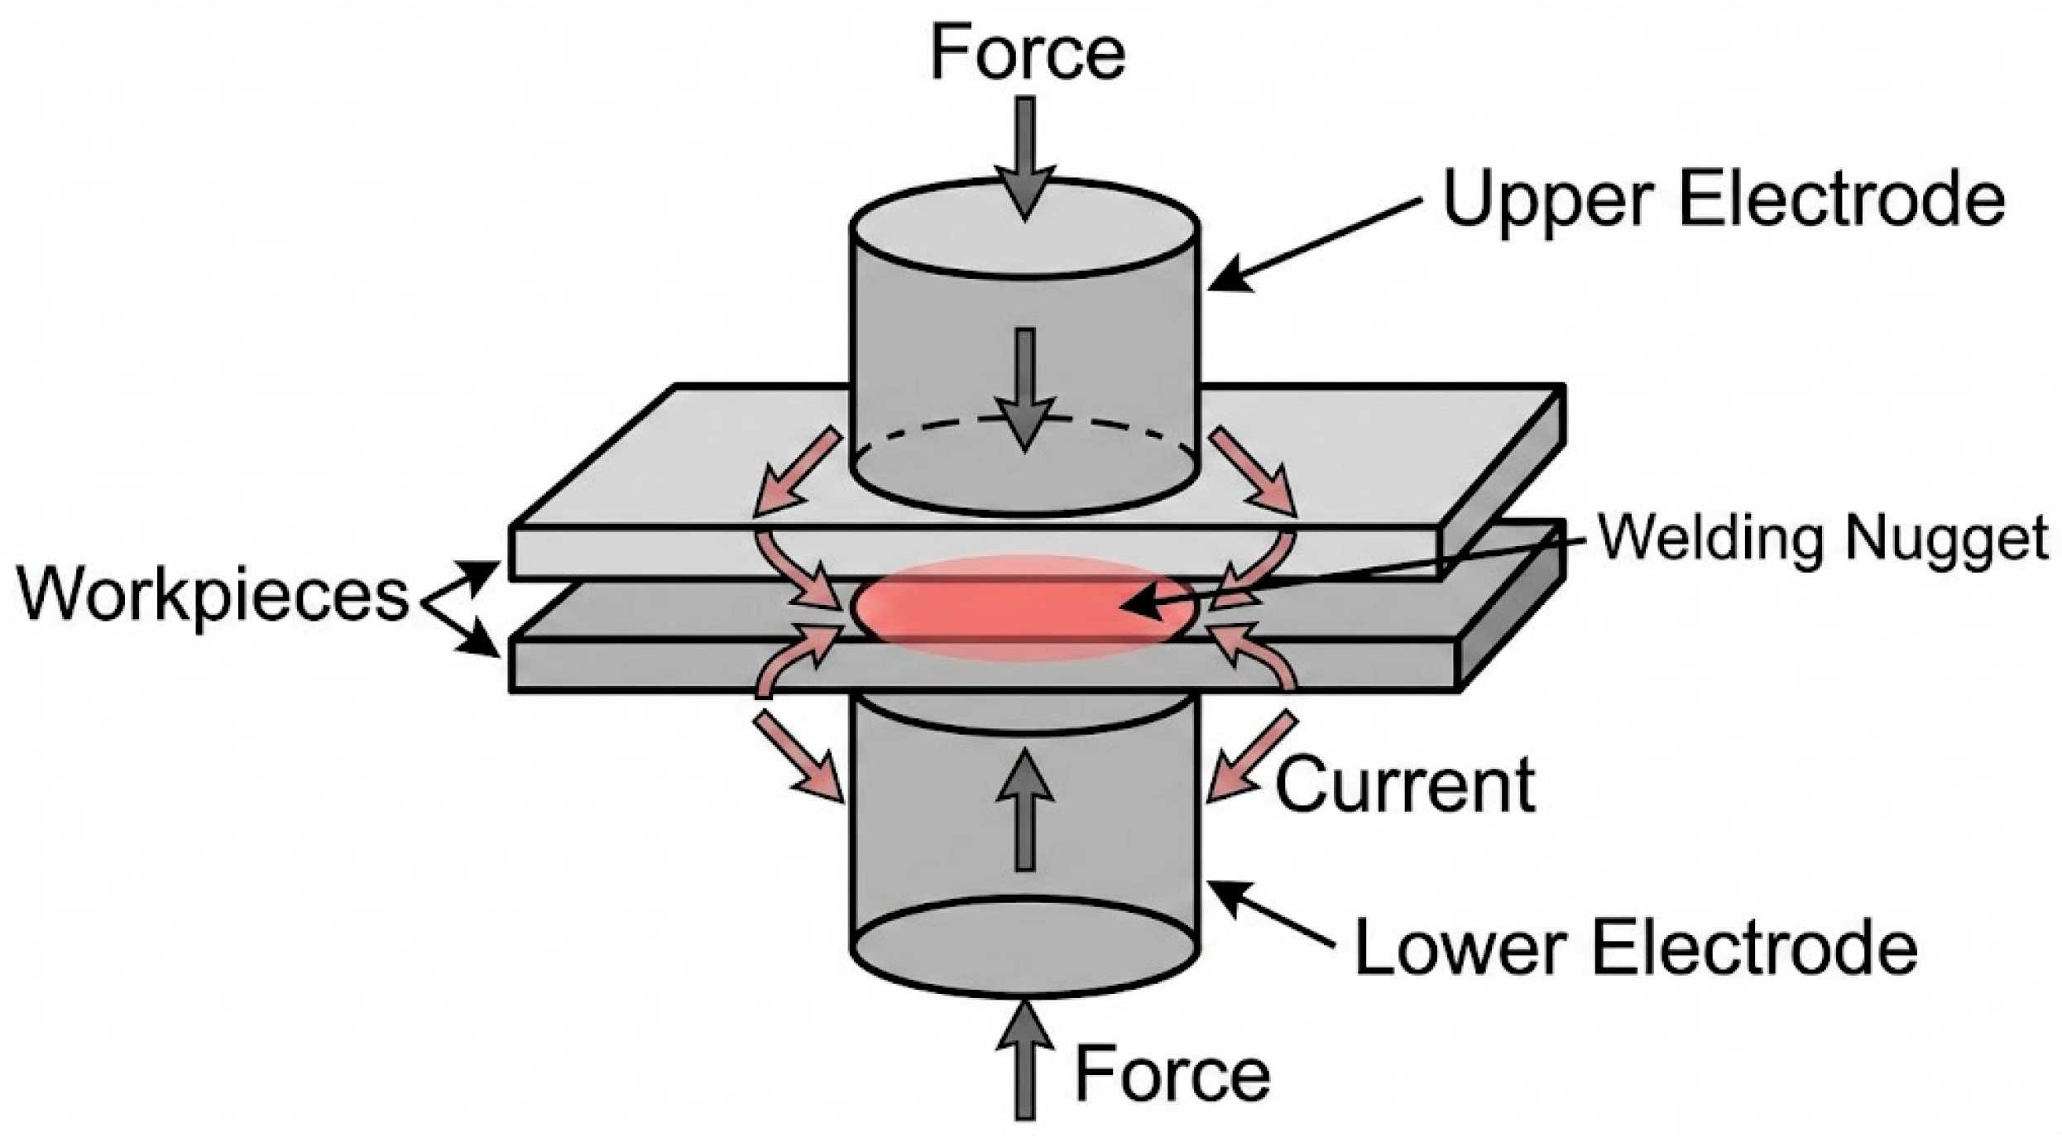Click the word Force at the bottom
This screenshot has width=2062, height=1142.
(x=1172, y=1074)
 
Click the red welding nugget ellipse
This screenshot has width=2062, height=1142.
(x=976, y=609)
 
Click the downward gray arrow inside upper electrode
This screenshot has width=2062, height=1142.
(x=1025, y=389)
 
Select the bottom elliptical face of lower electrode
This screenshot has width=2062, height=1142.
(x=1024, y=946)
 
